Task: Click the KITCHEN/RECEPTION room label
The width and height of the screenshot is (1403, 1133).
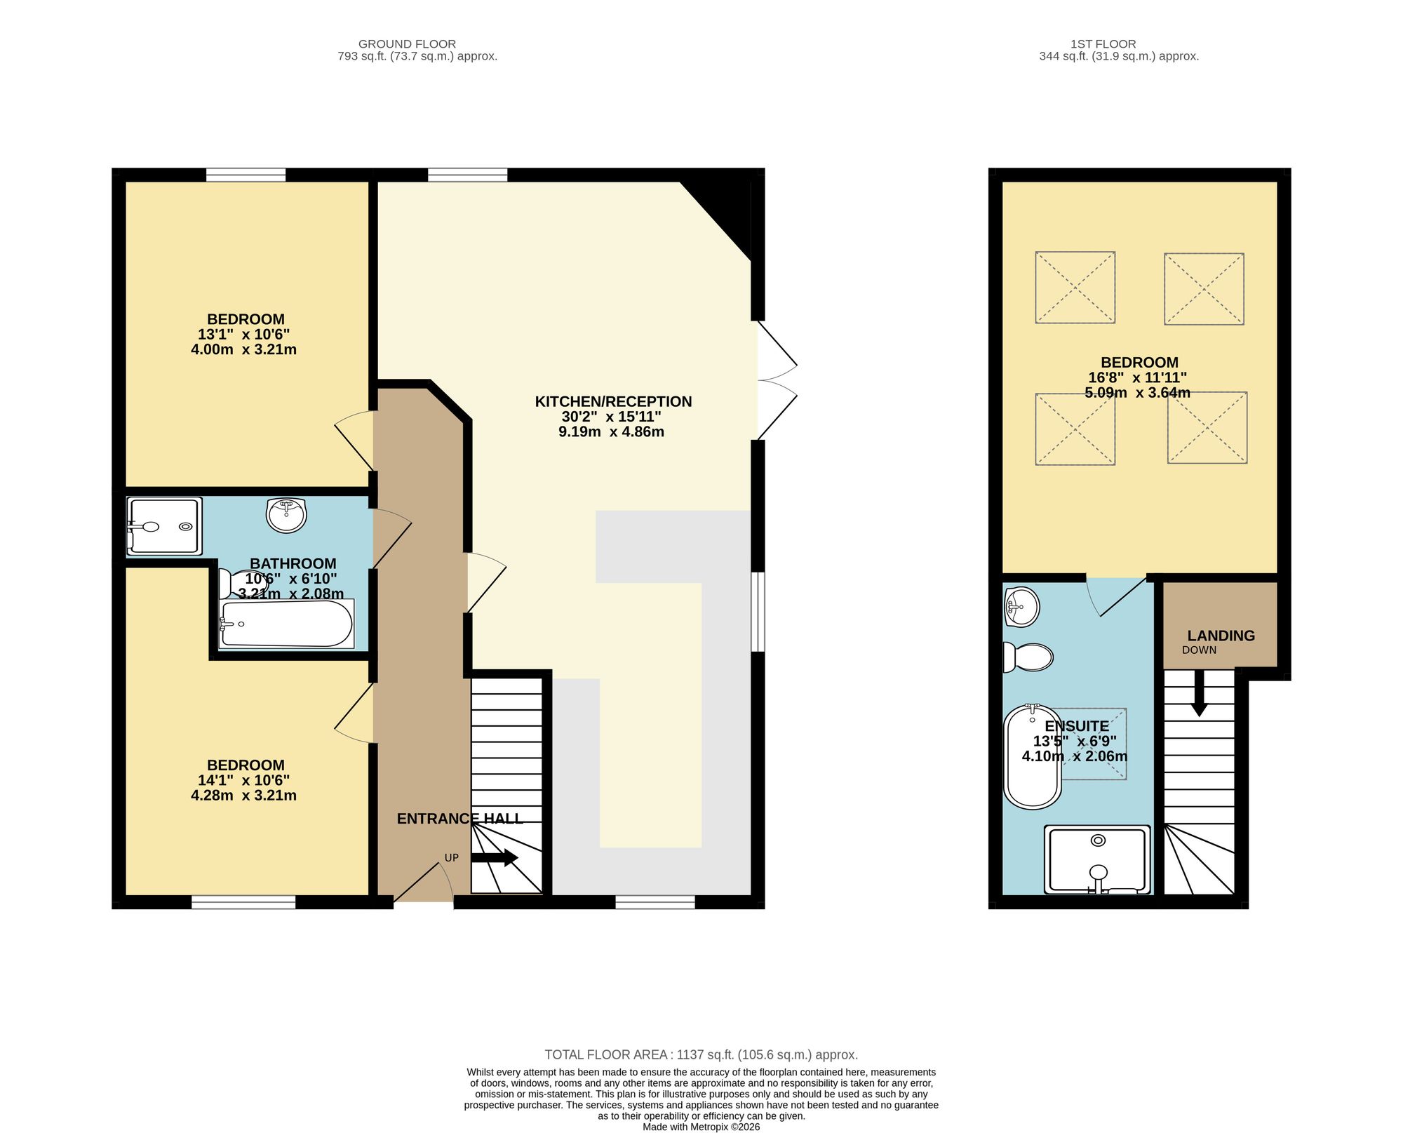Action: [x=613, y=401]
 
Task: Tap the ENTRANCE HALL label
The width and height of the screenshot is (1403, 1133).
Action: [x=459, y=819]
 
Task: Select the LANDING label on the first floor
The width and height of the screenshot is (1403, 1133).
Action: [x=1221, y=636]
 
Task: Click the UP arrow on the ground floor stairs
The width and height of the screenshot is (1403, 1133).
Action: [x=495, y=857]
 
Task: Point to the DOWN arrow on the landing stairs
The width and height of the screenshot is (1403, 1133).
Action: [x=1199, y=693]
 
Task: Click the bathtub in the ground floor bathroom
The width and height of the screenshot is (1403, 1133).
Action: [x=286, y=624]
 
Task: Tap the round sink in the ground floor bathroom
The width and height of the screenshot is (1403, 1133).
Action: [x=286, y=515]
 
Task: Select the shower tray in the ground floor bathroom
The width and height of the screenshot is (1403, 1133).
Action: [x=164, y=526]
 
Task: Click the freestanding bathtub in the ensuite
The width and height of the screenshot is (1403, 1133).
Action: [x=1032, y=757]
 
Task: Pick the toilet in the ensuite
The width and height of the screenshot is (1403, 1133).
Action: [x=1028, y=657]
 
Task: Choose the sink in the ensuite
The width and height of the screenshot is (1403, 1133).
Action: [x=1021, y=606]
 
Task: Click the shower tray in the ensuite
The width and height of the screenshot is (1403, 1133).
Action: [x=1097, y=859]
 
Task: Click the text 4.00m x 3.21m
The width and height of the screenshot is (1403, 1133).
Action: [x=243, y=349]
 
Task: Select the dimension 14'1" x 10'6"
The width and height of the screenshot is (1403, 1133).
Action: [x=243, y=780]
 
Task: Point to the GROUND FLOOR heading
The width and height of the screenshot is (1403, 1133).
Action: [x=407, y=44]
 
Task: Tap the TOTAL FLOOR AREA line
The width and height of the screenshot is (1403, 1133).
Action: [x=701, y=1054]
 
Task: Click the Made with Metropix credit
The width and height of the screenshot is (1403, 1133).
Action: [x=701, y=1127]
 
